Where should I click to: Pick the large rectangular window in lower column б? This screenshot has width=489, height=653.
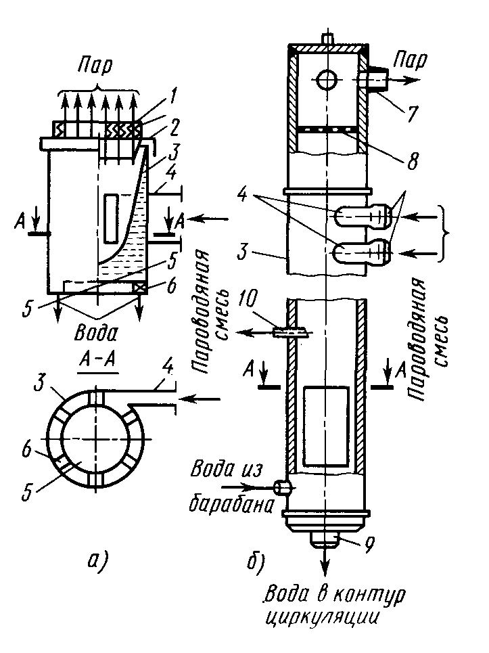[327, 427]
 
